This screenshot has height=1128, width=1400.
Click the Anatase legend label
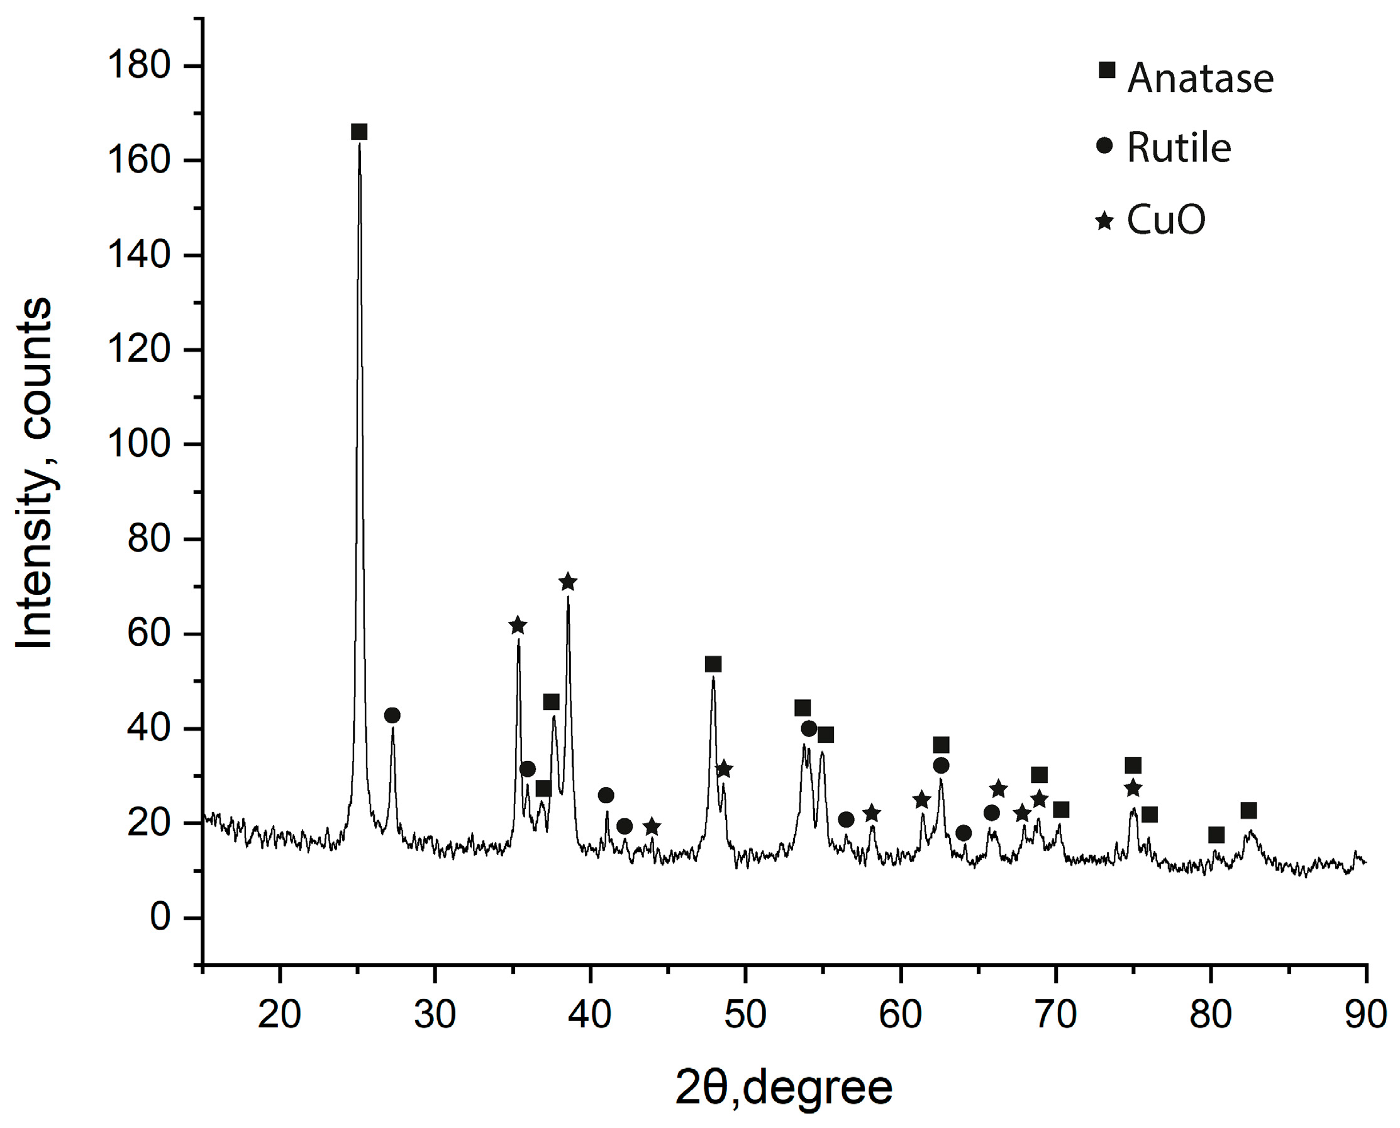click(x=1200, y=79)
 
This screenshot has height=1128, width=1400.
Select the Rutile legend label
click(x=1179, y=148)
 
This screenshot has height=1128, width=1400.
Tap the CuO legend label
click(x=1165, y=220)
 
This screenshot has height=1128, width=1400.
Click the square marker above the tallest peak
click(x=359, y=133)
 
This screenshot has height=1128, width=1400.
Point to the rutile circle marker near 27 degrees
click(x=392, y=716)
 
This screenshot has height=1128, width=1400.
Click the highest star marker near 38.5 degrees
click(x=568, y=582)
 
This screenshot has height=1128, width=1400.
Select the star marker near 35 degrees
click(x=518, y=626)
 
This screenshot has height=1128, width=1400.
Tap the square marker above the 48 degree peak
click(x=713, y=664)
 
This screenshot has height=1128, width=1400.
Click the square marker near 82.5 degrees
click(x=1248, y=811)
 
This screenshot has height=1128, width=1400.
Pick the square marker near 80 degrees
click(x=1216, y=835)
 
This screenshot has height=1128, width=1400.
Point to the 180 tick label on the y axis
click(x=139, y=65)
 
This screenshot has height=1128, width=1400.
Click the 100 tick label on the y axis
click(x=139, y=444)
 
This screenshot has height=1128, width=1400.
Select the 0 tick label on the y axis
click(x=160, y=918)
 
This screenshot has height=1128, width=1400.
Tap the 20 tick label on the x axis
click(x=279, y=1014)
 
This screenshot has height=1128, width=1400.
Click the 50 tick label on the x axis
click(x=745, y=1014)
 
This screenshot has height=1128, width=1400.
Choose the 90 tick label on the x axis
click(x=1366, y=1014)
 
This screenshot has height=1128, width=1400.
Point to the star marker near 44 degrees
click(x=652, y=827)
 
